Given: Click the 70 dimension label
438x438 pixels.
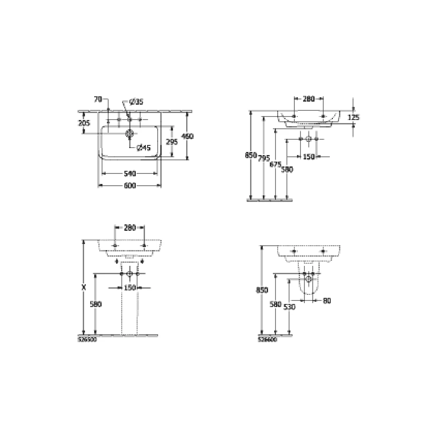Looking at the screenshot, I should pos(98,99).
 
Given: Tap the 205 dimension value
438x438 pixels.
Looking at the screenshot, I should pos(84,123).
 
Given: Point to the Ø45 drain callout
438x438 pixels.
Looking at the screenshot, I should pos(144,148).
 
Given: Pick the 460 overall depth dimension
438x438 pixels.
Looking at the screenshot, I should pos(187,136).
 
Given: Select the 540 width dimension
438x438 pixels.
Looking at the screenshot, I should pos(130,173).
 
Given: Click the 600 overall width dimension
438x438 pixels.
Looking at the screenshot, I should pos(130,186).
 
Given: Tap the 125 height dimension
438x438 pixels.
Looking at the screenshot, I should pos(353,117).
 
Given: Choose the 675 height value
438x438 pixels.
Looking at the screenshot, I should pos(276,164).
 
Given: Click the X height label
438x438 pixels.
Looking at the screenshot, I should pos(84,288).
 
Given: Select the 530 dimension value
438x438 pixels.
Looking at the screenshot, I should pos(290,307).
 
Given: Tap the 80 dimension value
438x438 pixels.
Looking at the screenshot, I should pos(327,300).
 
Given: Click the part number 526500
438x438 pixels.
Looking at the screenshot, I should pos(87,339).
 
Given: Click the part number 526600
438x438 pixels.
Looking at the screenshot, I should pos(267,339).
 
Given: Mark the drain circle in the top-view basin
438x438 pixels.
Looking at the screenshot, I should pos(129,133).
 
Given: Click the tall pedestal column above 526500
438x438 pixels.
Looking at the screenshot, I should pos(129,307).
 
